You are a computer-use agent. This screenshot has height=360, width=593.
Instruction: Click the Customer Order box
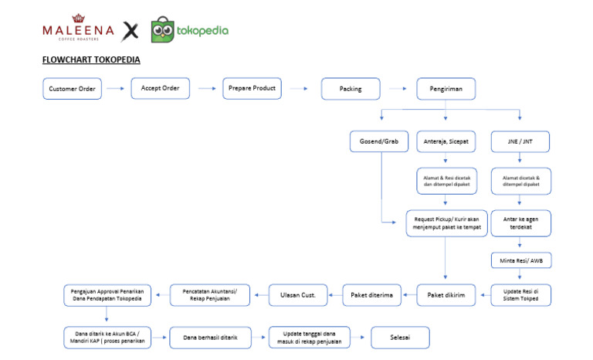pos(73,89)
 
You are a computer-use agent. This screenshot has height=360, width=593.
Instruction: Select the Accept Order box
pos(160,88)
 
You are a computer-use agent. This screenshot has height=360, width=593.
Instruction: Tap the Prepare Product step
pos(252,88)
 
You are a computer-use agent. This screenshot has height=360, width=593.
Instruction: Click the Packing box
pos(350,89)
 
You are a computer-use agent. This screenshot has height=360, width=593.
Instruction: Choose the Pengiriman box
pos(446,89)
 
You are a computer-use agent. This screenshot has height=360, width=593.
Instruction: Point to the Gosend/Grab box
pos(379,142)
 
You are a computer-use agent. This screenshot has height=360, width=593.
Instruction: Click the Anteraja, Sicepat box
pos(446,142)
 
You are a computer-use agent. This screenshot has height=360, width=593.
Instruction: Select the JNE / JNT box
pos(520,142)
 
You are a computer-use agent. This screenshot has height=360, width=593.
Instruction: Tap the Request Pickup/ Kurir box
pos(446,223)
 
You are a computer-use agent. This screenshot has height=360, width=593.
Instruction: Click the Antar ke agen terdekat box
pos(520,223)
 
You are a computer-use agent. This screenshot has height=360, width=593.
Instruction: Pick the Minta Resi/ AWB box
pos(520,260)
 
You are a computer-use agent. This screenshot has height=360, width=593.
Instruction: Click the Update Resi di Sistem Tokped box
pos(520,295)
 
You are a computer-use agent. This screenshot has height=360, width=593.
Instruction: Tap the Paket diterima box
pos(372,294)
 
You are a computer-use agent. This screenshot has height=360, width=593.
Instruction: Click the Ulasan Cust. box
pos(298,294)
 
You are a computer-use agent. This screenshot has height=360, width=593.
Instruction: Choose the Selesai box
pos(400,338)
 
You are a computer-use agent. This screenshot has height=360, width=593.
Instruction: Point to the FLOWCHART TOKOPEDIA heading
pos(91,59)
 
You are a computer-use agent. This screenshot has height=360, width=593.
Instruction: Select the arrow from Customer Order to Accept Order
pos(116,89)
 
